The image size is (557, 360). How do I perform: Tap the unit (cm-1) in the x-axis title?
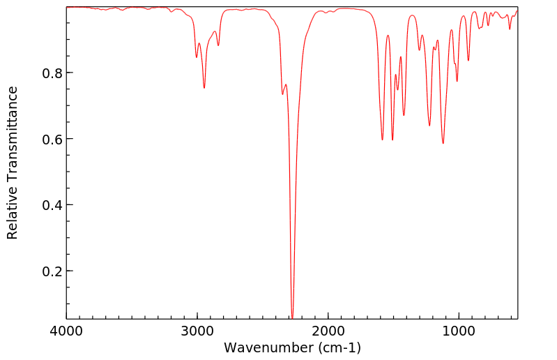pos(338,347)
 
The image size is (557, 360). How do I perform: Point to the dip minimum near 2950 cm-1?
pos(204,88)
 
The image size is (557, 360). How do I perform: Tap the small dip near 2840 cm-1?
pos(218,46)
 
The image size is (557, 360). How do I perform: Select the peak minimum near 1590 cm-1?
pos(382,140)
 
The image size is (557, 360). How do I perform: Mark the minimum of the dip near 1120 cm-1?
pos(443,144)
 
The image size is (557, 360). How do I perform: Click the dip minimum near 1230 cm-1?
pos(429,126)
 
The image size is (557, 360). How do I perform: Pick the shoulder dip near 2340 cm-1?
pos(282,94)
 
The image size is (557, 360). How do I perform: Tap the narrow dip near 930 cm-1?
pos(468,61)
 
